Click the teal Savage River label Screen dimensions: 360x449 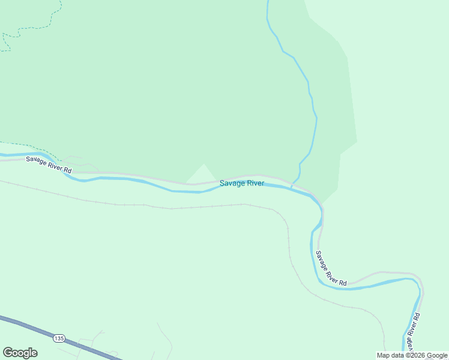click(241, 183)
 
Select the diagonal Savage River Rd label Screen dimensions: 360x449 click(331, 268)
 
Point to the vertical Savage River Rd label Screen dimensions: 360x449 click(412, 331)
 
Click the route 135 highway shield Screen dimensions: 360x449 click(58, 338)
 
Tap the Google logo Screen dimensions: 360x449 click(20, 353)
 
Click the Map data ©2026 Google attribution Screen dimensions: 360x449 click(412, 355)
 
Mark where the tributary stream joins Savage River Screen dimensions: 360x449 click(292, 187)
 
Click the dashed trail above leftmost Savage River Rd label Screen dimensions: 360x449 click(24, 145)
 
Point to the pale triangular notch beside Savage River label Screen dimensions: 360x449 click(203, 174)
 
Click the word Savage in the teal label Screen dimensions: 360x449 click(231, 183)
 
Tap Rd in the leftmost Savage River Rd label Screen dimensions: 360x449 click(68, 170)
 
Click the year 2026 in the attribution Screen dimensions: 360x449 click(418, 355)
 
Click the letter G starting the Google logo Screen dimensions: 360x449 click(8, 352)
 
